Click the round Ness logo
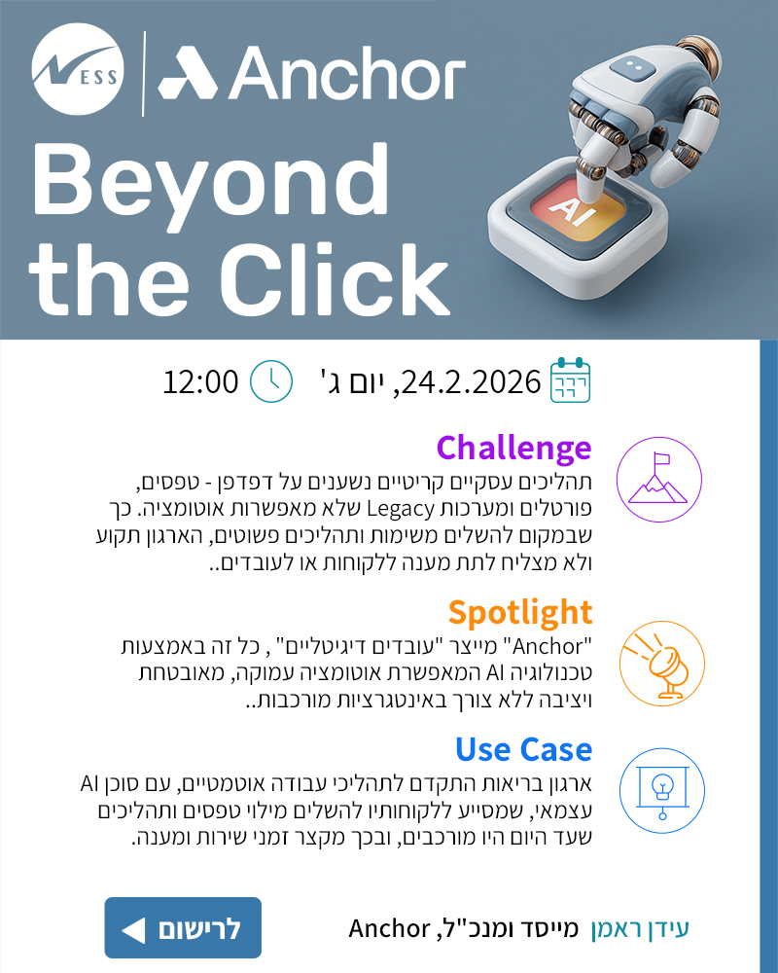click(x=76, y=73)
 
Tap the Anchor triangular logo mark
click(x=189, y=75)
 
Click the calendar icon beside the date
click(x=571, y=380)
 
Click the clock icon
click(x=271, y=380)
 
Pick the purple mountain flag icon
click(x=658, y=481)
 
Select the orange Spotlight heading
click(x=519, y=612)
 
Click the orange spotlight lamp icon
click(x=658, y=662)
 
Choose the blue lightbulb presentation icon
click(x=658, y=790)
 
